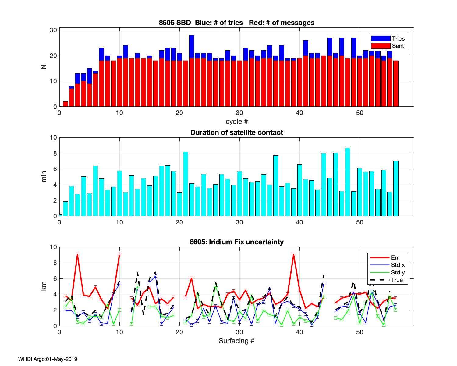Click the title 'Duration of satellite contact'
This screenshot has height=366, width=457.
point(236,132)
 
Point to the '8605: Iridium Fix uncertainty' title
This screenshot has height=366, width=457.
point(236,242)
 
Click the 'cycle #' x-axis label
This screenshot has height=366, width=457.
point(236,121)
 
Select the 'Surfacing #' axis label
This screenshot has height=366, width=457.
point(236,341)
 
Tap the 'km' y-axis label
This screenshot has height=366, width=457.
point(44,286)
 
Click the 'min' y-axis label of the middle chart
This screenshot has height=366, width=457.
point(44,177)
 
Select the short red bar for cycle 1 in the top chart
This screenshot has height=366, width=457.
point(66,104)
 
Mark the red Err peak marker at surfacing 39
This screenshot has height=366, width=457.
point(293,255)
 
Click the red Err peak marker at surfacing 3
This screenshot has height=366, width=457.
point(77,255)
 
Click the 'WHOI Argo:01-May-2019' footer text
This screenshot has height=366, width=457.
point(48,359)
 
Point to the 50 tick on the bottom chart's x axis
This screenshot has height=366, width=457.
point(360,332)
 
